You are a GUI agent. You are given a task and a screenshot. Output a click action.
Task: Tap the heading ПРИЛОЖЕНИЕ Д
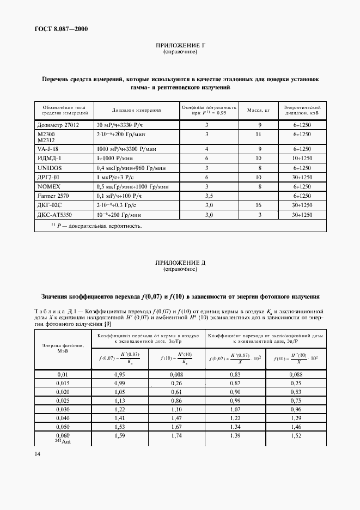pos(180,263)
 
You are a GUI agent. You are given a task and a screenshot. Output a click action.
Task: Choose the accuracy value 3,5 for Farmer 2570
pos(208,195)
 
